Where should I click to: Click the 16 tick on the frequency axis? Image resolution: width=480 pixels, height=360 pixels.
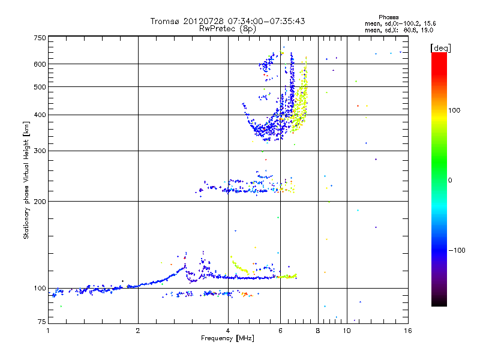408,331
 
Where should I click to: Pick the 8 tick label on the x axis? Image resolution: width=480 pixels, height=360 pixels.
318,331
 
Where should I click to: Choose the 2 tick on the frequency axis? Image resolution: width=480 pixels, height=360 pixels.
138,331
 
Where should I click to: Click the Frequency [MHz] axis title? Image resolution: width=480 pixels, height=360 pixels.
227,338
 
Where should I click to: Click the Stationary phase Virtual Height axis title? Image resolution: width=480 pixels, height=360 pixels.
26,180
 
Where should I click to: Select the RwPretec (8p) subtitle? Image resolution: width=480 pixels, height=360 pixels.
227,28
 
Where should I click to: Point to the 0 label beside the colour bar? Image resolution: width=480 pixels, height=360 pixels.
450,180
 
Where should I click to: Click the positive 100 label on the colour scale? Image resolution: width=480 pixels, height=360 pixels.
455,110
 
